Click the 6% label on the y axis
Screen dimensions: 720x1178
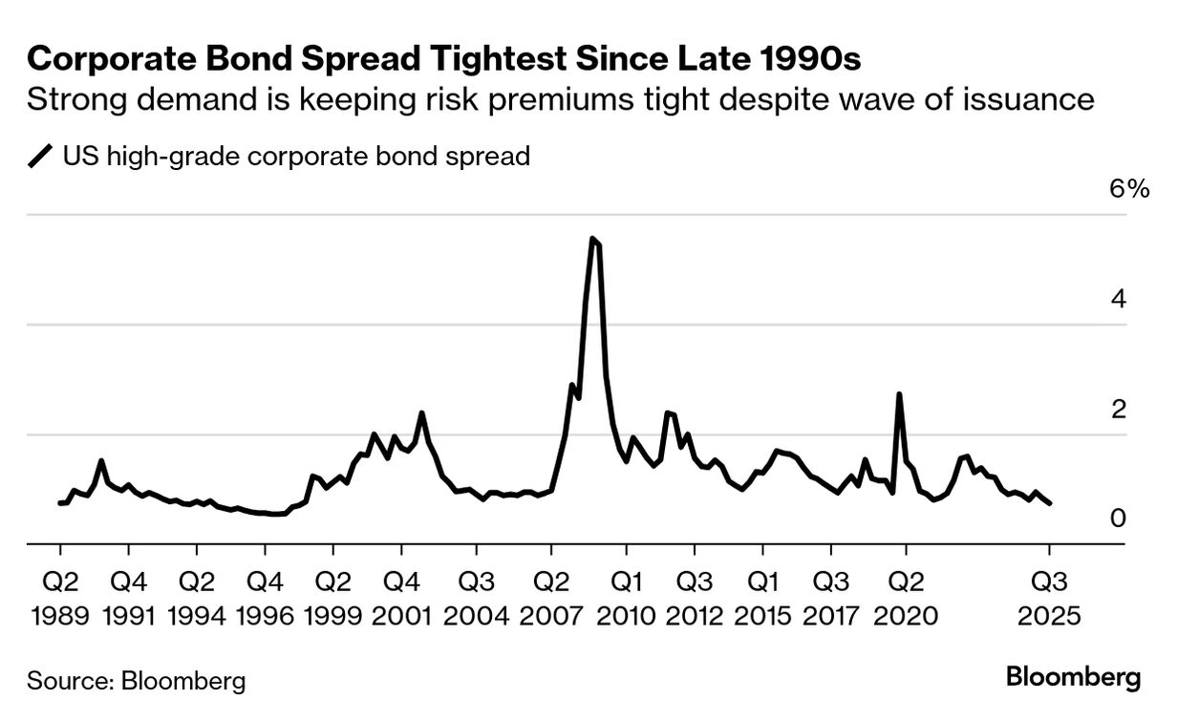click(x=1128, y=188)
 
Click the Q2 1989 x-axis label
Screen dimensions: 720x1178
click(x=60, y=598)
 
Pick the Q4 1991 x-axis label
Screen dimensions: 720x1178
click(x=128, y=598)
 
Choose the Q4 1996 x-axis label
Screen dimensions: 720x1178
click(x=265, y=598)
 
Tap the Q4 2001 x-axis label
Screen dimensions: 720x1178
click(x=400, y=598)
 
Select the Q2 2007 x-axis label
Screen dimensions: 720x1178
click(x=551, y=598)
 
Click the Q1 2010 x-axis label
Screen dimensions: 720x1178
click(x=627, y=598)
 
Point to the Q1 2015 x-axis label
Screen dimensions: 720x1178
click(x=762, y=598)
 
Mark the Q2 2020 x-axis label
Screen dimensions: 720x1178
click(x=906, y=598)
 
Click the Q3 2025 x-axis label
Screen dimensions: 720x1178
click(x=1050, y=598)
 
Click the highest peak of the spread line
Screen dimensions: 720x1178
click(x=592, y=239)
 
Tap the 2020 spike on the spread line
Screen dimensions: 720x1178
click(x=899, y=394)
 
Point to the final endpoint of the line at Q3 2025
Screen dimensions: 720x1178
click(x=1050, y=503)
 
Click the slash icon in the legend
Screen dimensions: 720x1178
click(x=41, y=156)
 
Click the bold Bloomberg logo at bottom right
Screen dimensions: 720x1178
click(x=1073, y=678)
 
